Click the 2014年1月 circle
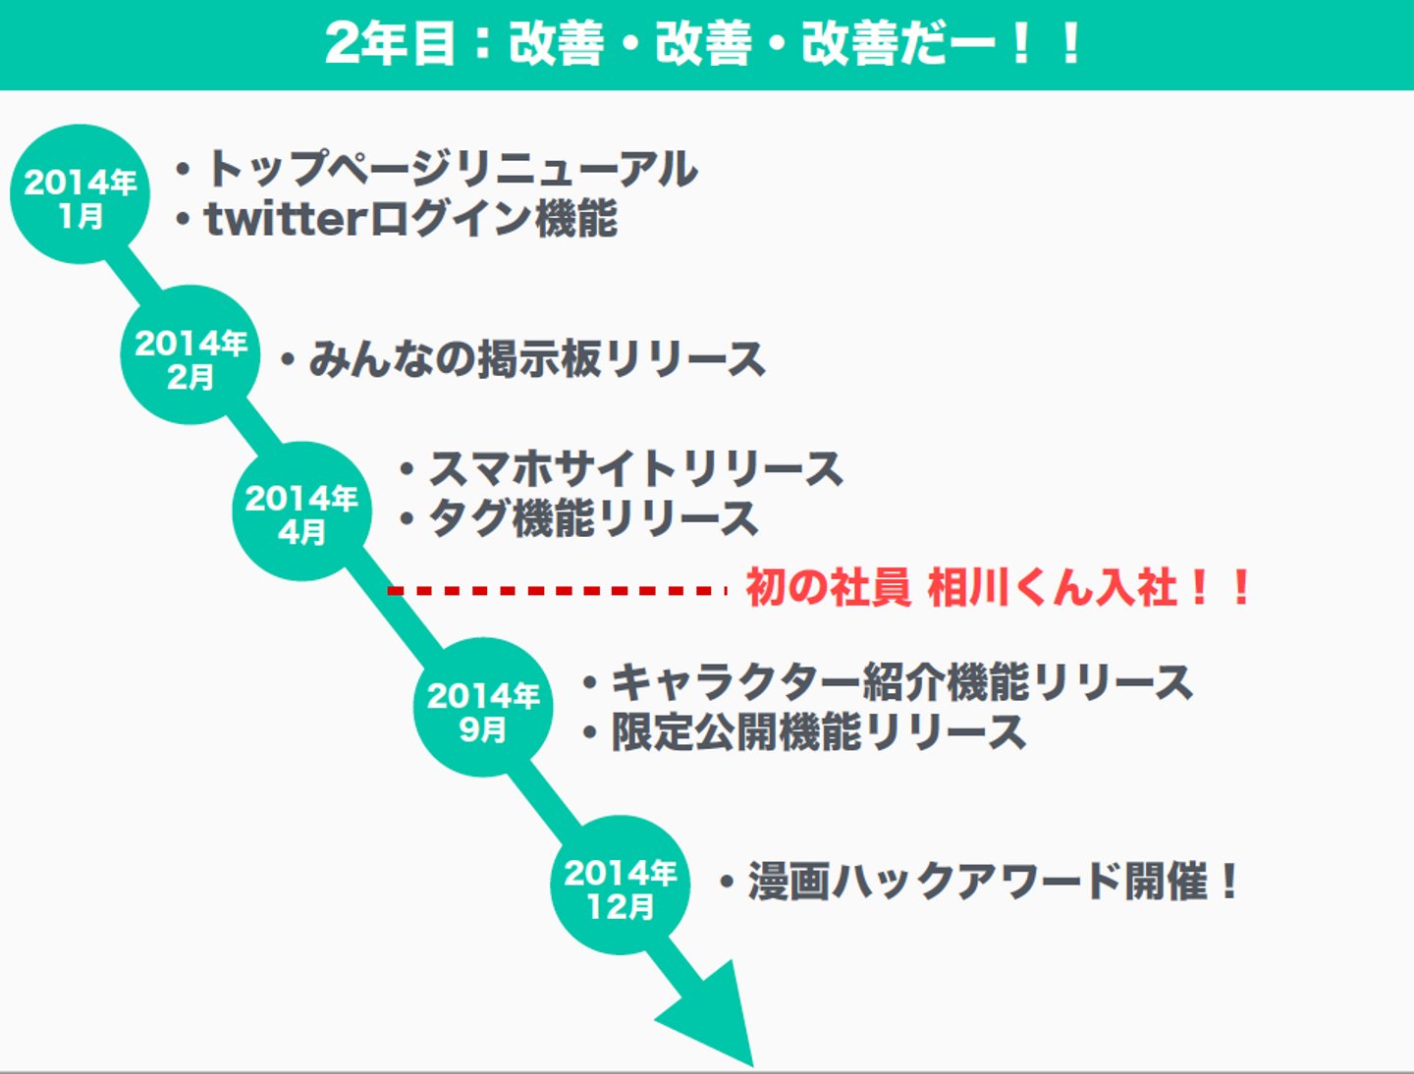pyautogui.click(x=80, y=193)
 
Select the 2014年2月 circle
pyautogui.click(x=190, y=354)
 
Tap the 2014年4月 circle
pyautogui.click(x=301, y=511)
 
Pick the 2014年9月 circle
pyautogui.click(x=483, y=707)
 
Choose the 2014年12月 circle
pyautogui.click(x=620, y=885)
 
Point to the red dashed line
pyautogui.click(x=557, y=590)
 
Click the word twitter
pyautogui.click(x=286, y=219)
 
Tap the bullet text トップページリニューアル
pyautogui.click(x=452, y=169)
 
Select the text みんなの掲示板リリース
pyautogui.click(x=537, y=358)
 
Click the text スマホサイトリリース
pyautogui.click(x=636, y=468)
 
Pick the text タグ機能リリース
pyautogui.click(x=593, y=518)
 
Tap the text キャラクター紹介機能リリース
pyautogui.click(x=901, y=682)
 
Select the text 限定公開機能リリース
pyautogui.click(x=819, y=732)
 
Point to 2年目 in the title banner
pyautogui.click(x=391, y=43)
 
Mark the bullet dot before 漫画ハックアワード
pyautogui.click(x=728, y=883)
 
